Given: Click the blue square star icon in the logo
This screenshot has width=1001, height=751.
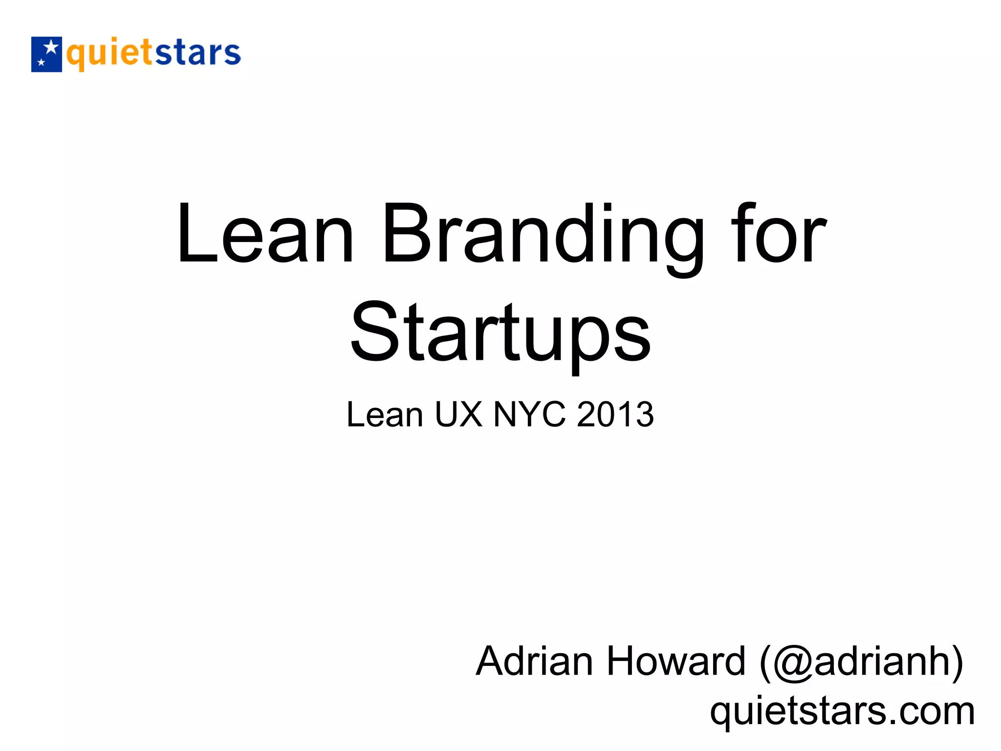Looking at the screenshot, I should click(46, 54).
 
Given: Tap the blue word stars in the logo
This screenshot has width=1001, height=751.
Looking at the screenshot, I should click(197, 53).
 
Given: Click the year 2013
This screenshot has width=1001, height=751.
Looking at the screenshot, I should click(615, 415).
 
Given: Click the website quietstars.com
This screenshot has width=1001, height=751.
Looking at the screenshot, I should click(842, 712).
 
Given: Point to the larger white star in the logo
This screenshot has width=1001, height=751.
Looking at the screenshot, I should click(50, 48).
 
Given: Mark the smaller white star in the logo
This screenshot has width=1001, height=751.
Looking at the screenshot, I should click(41, 63).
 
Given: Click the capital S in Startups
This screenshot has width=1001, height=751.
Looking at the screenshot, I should click(374, 332).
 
